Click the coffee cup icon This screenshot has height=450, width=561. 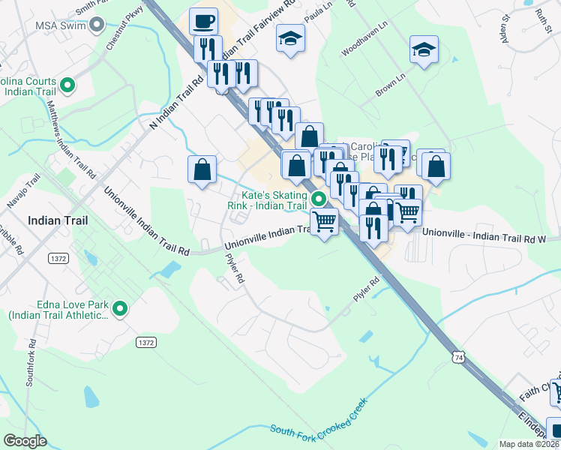(x=203, y=21)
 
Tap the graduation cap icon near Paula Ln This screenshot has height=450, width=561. (x=290, y=37)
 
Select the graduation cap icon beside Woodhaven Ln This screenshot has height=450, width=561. (x=424, y=51)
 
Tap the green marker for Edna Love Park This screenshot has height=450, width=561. (x=119, y=308)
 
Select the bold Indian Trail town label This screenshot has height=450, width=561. (x=57, y=221)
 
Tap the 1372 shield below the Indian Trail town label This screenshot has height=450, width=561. (x=58, y=258)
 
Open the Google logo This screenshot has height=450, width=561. (x=25, y=441)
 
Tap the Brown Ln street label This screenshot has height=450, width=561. (x=390, y=83)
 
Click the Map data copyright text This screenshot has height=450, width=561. (x=529, y=444)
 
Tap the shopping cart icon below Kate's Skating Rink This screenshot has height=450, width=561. (x=324, y=222)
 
